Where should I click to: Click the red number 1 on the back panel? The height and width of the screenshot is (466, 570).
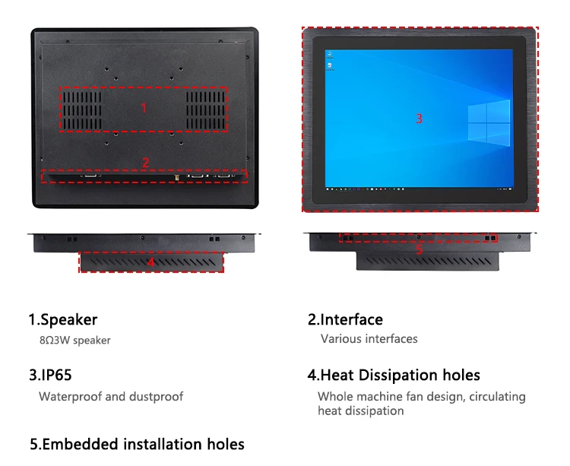144,108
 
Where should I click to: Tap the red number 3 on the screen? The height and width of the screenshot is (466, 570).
419,119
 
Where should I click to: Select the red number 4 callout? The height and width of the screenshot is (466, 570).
150,262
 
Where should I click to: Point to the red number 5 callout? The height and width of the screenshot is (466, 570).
419,249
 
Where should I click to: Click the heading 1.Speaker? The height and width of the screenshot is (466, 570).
63,320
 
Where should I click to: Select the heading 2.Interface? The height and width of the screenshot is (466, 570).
345,320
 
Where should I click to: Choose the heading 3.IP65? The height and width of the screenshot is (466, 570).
51,375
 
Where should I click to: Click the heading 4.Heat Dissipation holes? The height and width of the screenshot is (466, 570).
394,375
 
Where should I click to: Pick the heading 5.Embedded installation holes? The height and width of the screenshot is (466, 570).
137,444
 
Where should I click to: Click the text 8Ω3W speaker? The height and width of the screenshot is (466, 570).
75,341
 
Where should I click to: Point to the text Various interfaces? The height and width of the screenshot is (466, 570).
369,339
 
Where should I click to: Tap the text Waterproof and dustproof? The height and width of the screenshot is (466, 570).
111,396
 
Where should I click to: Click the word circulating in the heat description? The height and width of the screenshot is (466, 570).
498,396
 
